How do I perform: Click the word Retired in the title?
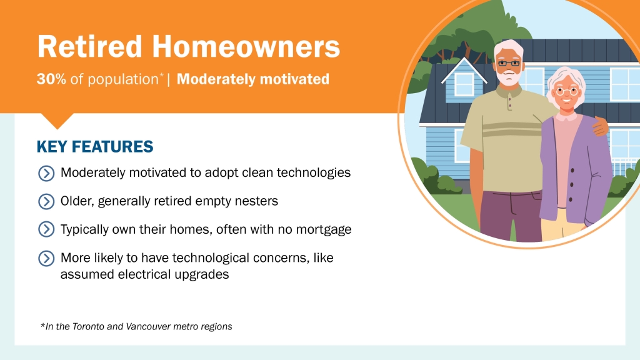(89, 46)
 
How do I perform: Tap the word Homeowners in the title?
(246, 46)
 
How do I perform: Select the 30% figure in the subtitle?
(51, 79)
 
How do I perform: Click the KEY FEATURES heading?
(95, 146)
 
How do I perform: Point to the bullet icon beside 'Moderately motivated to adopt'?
(46, 173)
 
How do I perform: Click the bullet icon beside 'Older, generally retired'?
(46, 202)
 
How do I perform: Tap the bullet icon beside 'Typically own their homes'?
(46, 229)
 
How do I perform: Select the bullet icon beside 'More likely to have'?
(46, 258)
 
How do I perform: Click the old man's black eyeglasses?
(509, 63)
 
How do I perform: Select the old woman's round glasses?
(567, 91)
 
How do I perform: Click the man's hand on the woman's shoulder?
(599, 126)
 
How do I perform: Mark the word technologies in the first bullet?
(314, 173)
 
